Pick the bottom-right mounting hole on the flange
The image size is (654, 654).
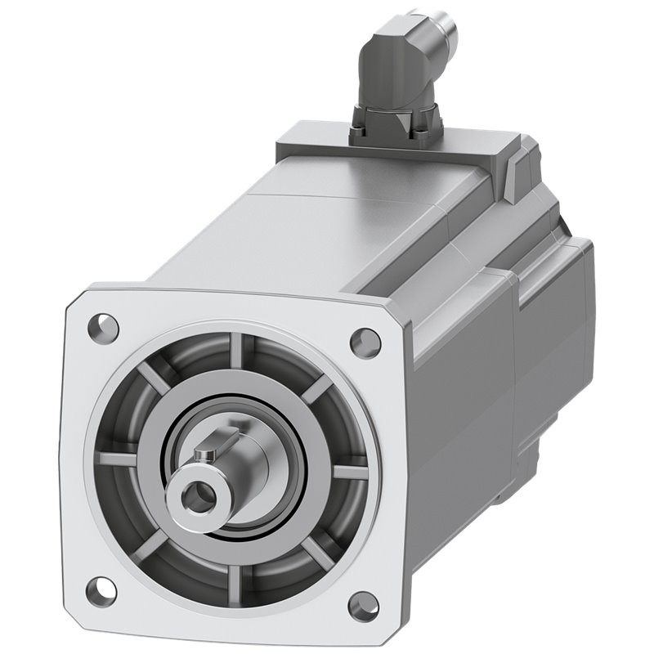361,606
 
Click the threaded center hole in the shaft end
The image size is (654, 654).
197,493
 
